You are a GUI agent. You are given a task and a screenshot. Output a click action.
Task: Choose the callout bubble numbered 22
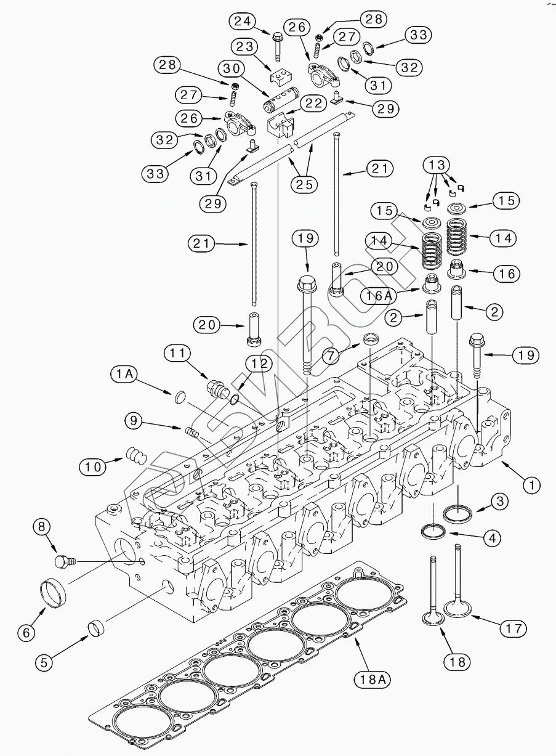pyautogui.click(x=312, y=104)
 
